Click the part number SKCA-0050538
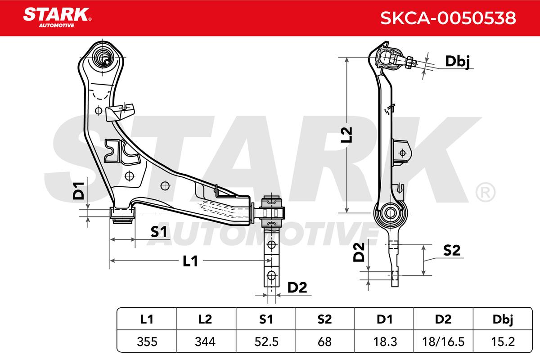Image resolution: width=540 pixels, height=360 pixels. point(448,18)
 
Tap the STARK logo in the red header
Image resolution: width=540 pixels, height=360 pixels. point(57,18)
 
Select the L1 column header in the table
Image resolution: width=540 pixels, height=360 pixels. point(147,319)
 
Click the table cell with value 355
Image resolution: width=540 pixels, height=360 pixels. point(147,342)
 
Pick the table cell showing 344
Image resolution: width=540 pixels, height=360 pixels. point(205,342)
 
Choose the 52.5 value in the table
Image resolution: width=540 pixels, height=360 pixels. point(266,342)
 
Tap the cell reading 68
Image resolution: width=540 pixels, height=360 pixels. point(325,342)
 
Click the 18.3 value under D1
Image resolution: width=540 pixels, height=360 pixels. point(385,342)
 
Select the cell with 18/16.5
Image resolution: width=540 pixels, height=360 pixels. point(443,342)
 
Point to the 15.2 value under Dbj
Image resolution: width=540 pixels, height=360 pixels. point(503,342)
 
